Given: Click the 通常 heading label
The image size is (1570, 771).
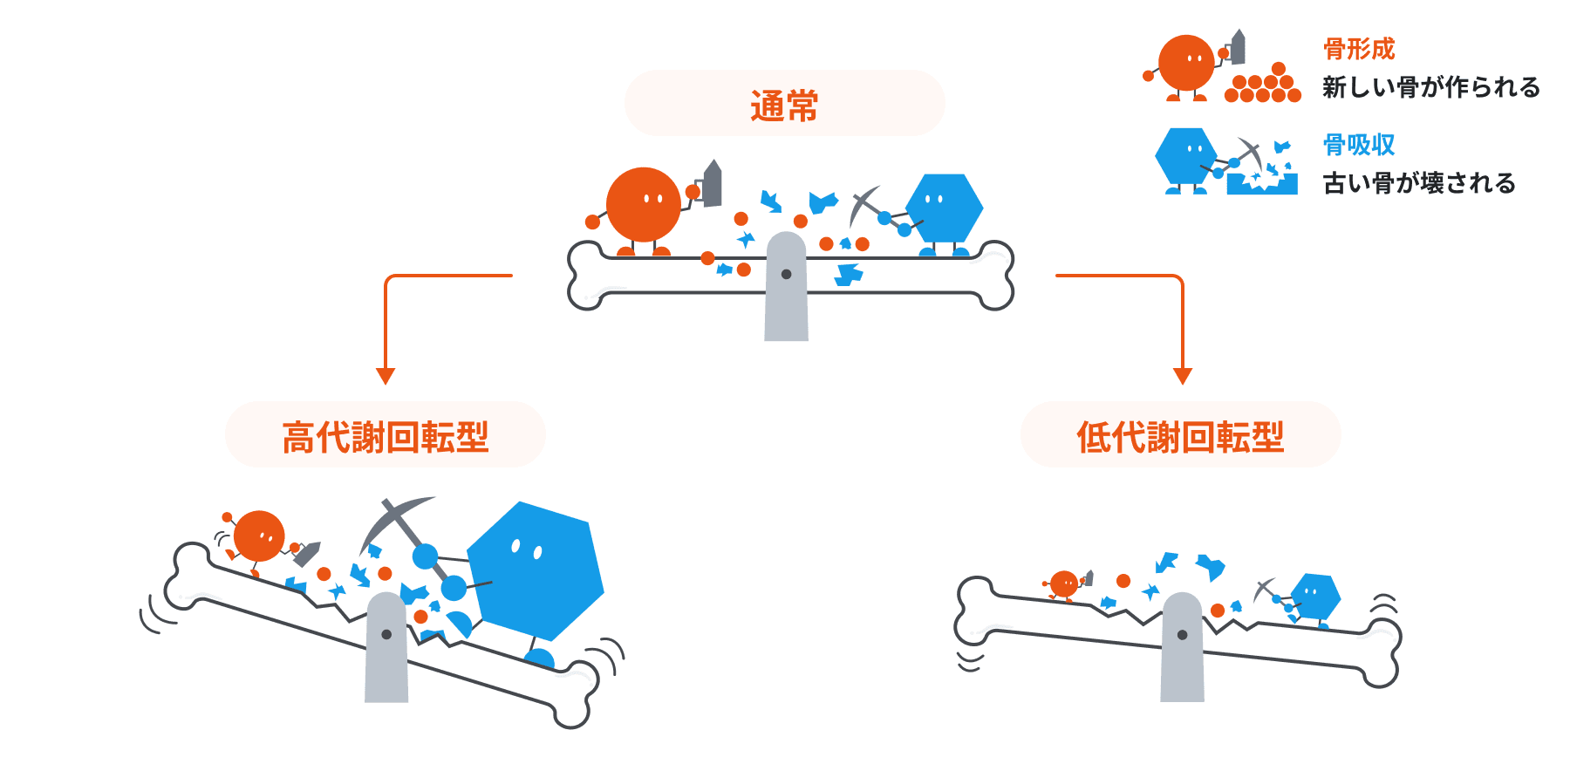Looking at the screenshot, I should pos(784,106).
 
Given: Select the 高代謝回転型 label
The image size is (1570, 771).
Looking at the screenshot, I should pos(385,437).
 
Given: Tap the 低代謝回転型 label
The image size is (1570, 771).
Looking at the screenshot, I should pos(1180,437).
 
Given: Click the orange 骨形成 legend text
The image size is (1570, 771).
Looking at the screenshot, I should pos(1359,49).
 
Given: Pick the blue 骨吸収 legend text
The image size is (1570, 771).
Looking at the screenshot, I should pos(1359,145).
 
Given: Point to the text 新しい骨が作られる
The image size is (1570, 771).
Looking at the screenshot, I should pos(1430,87).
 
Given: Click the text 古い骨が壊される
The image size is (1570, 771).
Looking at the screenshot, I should pos(1419,183).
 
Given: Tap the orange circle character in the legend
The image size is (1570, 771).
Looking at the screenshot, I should pos(1185,64).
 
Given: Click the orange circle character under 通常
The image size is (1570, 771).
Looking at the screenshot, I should pos(643,205).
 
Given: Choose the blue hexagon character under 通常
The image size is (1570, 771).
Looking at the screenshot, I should pos(944,208).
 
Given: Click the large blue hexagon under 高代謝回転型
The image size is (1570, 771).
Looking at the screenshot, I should pos(536,571).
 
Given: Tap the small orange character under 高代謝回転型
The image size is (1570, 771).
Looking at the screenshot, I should pos(259,536).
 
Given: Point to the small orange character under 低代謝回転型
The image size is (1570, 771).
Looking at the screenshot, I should pos(1064,583).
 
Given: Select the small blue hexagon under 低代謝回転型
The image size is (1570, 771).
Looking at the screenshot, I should pos(1315,596).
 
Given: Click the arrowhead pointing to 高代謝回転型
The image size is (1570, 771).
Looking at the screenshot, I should pos(386,376).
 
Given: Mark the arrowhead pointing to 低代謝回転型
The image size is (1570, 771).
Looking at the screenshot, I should pos(1183,376).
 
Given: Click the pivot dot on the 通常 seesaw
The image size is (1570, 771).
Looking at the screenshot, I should pos(786,274).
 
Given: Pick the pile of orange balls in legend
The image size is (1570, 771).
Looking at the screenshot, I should pos(1263,85).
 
